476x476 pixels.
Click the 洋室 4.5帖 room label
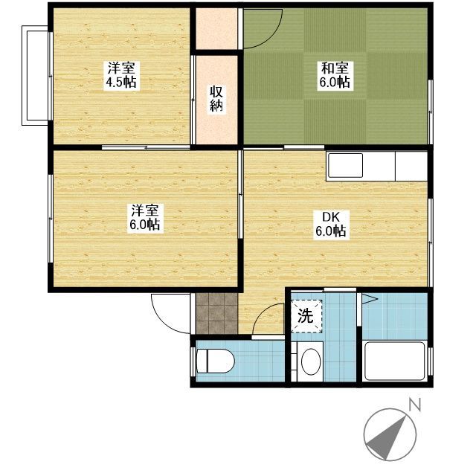point(122,75)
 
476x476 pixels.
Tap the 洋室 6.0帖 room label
point(145,218)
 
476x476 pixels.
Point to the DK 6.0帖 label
point(331,224)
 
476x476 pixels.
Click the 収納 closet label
point(216,98)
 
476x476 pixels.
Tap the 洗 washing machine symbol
point(306,316)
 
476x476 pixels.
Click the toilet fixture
point(216,361)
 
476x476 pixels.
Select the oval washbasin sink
point(311,361)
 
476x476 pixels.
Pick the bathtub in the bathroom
point(395,361)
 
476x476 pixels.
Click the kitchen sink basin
point(345,165)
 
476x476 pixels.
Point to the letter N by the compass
point(415,405)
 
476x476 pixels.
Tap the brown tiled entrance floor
point(216,314)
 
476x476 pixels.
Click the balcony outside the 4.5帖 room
point(35,76)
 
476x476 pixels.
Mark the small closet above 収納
point(216,28)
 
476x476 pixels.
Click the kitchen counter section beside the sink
point(411,167)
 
